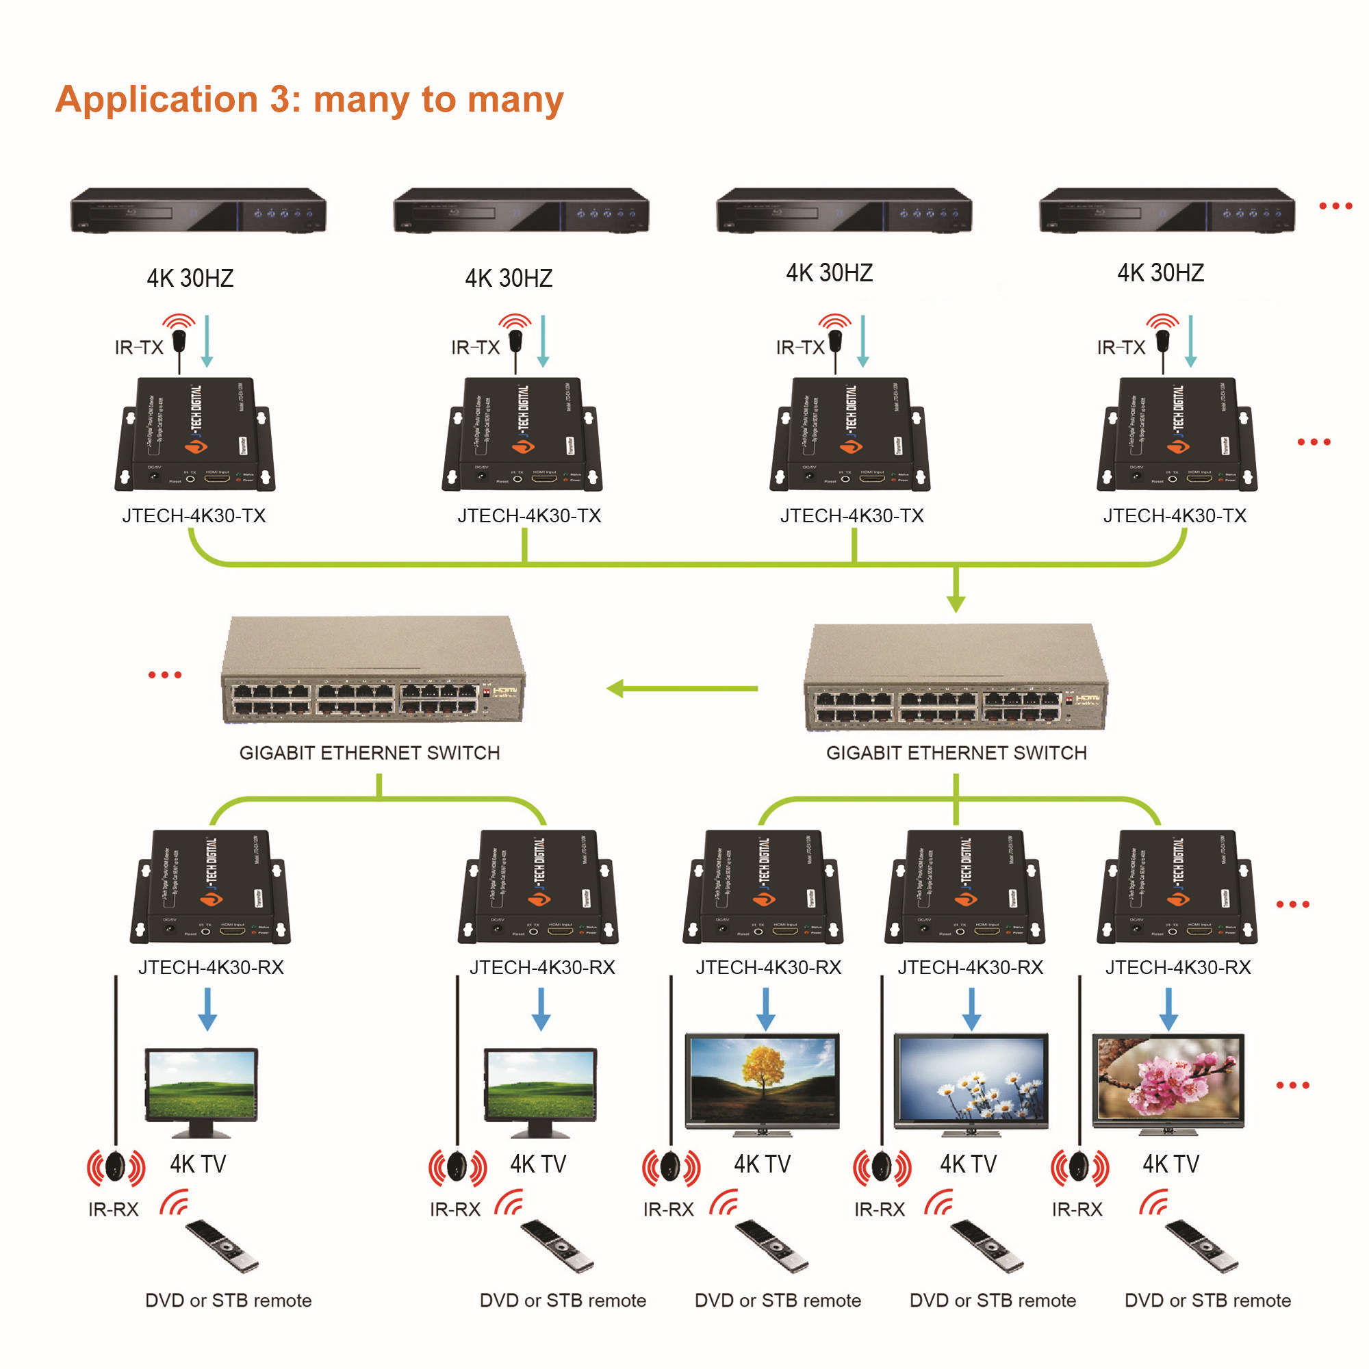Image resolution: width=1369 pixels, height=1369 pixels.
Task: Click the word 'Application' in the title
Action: coord(157,99)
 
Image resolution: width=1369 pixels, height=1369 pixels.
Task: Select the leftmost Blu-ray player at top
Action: coord(198,210)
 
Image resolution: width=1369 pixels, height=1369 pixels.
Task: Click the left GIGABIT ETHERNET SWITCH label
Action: coord(369,752)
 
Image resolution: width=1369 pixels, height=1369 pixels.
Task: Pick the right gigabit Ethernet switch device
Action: coord(955,677)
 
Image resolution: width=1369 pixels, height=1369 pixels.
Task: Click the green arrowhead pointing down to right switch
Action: coord(955,602)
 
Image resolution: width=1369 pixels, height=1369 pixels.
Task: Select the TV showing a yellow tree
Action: coord(762,1082)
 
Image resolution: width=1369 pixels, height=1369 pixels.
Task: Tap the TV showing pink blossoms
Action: coord(1168,1082)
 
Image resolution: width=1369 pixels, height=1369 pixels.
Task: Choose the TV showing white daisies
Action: coord(970,1082)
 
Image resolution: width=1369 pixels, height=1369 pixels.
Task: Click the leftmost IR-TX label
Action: coord(139,347)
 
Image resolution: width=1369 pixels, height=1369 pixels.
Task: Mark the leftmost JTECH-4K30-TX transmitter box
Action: coord(195,435)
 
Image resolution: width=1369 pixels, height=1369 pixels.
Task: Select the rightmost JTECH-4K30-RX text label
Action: coord(1177,967)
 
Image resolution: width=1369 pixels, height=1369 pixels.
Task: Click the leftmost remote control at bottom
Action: coord(222,1245)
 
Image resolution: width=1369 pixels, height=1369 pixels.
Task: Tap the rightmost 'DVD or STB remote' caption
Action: coord(1207,1301)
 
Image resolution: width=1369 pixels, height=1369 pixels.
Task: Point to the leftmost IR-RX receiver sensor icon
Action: coord(116,1167)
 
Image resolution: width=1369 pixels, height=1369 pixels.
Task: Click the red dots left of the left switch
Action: coord(164,675)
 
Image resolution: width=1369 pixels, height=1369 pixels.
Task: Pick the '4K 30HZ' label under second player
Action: coord(508,279)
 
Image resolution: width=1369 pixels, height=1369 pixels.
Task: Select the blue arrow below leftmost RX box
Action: coord(207,1009)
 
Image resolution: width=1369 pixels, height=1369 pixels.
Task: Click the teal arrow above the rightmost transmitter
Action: coord(1190,342)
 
